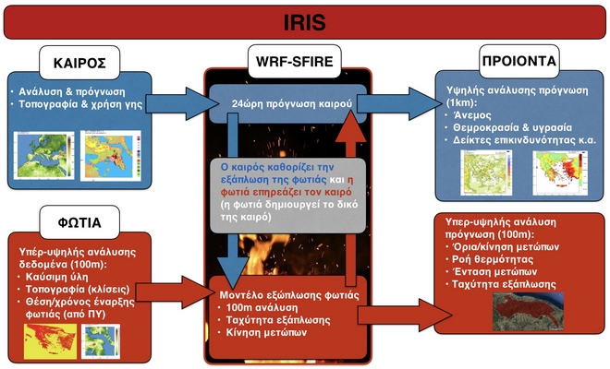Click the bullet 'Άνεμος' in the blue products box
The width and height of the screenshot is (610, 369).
470,113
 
